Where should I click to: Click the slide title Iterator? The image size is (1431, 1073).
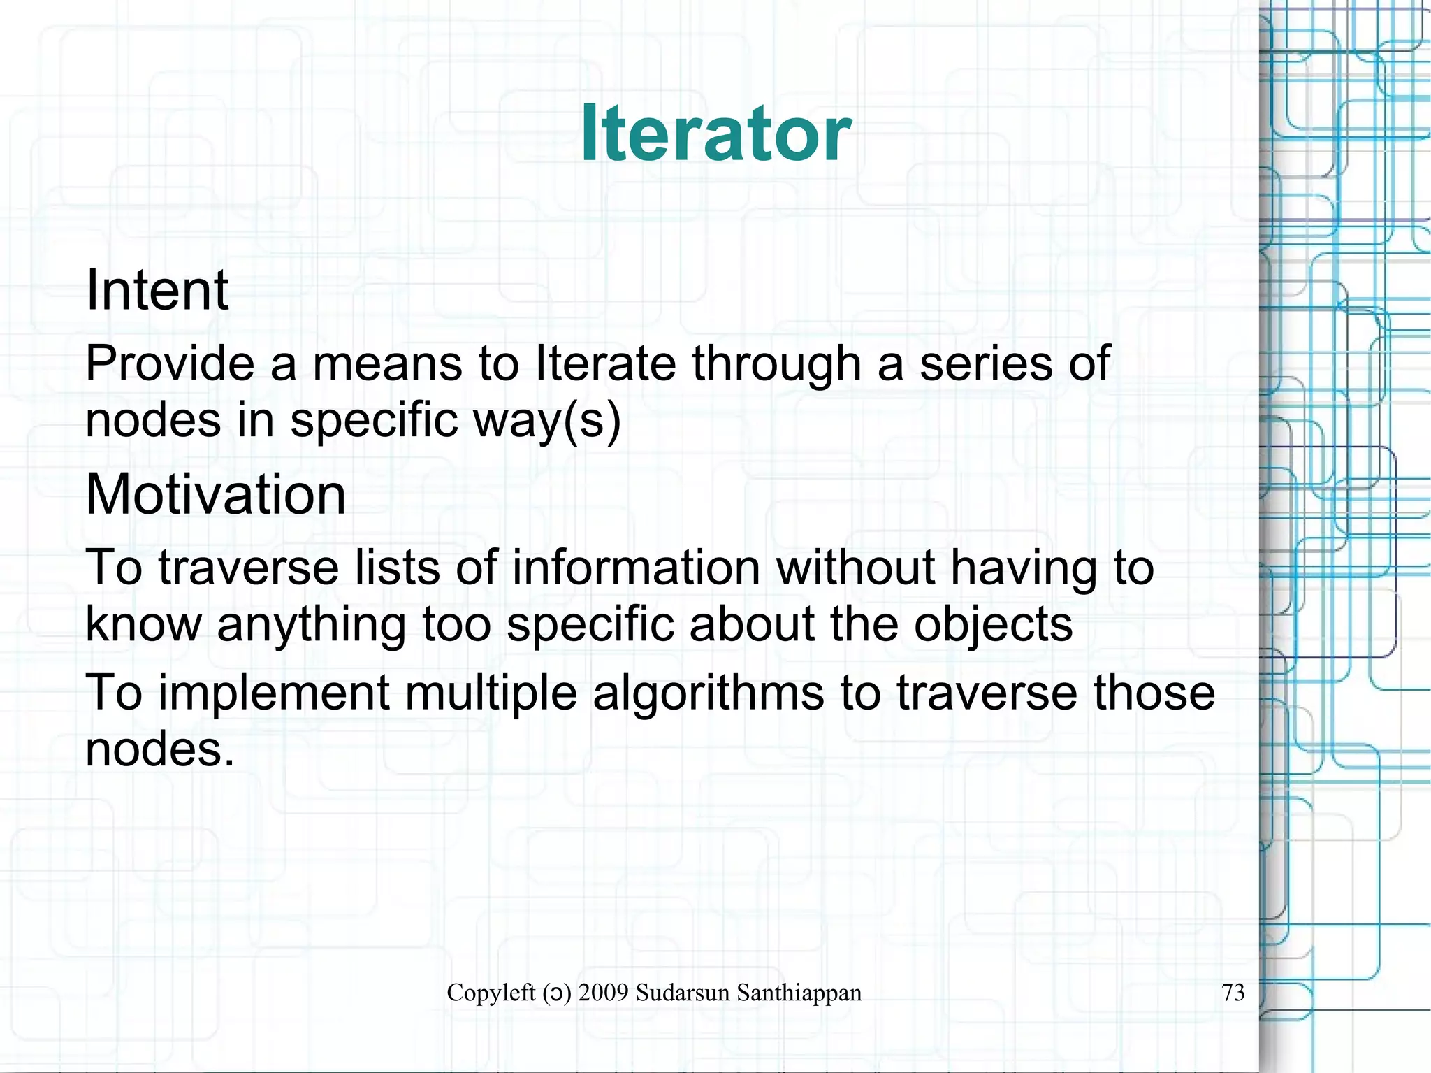(x=715, y=133)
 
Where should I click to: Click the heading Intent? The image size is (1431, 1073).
(x=157, y=290)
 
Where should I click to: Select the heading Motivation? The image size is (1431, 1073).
(x=215, y=494)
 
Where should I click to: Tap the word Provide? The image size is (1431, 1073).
(x=169, y=363)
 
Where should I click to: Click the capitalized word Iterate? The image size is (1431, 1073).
(x=605, y=363)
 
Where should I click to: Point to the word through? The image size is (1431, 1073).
(x=776, y=365)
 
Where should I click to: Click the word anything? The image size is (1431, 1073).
(x=311, y=625)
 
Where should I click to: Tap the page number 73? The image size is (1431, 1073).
(x=1233, y=992)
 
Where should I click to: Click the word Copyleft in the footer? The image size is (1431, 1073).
(x=491, y=992)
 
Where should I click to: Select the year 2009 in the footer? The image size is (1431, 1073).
(x=603, y=992)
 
